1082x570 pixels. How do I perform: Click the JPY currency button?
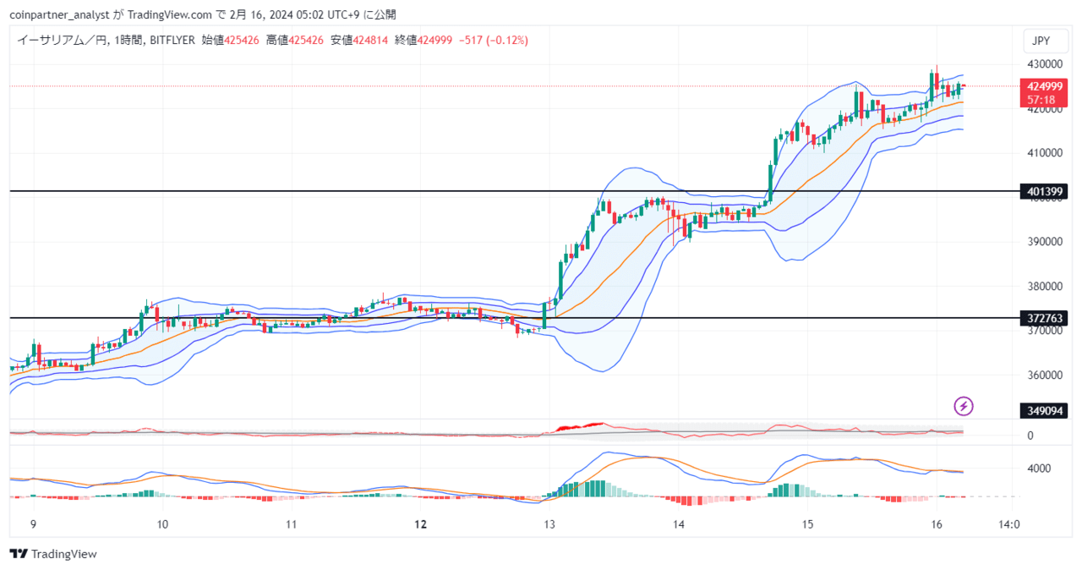coord(1046,41)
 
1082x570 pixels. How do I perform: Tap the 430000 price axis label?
coord(1045,64)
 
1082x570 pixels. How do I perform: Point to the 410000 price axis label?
coord(1045,153)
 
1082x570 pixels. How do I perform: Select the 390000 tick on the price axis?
coord(1045,242)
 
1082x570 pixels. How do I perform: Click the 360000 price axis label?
coord(1045,375)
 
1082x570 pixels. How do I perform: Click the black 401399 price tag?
coord(1043,192)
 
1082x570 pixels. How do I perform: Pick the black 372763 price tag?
coord(1043,318)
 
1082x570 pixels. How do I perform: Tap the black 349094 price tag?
coord(1043,411)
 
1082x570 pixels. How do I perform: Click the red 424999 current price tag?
coord(1043,93)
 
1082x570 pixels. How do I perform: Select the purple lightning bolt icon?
coord(964,406)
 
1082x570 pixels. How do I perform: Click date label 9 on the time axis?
coord(33,524)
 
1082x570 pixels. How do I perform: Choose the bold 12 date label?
coord(421,524)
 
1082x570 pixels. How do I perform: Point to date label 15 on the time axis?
coord(807,524)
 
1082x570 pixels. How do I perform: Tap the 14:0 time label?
coord(1009,524)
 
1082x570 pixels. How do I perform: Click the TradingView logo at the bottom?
coord(53,554)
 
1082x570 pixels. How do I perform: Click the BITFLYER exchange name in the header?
coord(172,41)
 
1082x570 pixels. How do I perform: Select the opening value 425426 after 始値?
coord(242,41)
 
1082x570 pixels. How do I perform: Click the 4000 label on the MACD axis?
coord(1039,469)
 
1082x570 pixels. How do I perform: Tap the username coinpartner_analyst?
coord(59,15)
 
